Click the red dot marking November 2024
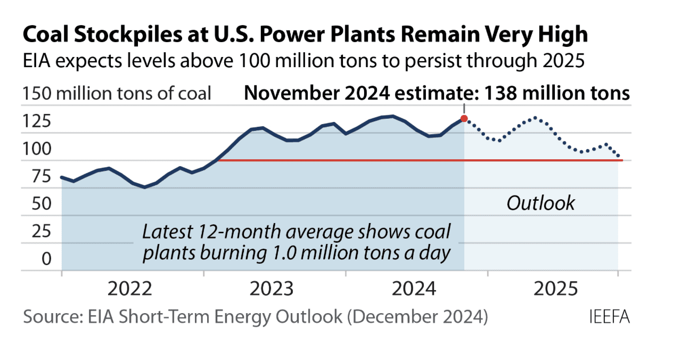(x=464, y=118)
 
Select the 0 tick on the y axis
(x=47, y=259)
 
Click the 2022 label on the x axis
(x=129, y=289)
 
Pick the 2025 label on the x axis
(x=555, y=289)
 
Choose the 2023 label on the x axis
(x=272, y=289)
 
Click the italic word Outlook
(x=540, y=203)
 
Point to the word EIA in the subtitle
(x=37, y=62)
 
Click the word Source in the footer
(x=48, y=317)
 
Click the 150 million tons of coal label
(x=117, y=94)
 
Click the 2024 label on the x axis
(x=414, y=289)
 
